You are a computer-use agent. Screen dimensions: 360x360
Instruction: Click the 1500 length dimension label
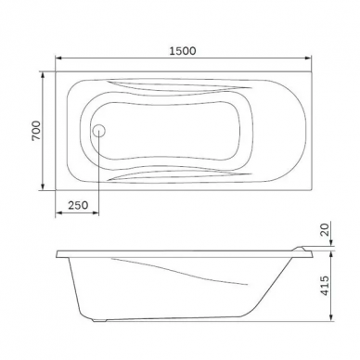tap(183, 51)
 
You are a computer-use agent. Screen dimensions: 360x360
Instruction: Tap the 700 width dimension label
tap(36, 131)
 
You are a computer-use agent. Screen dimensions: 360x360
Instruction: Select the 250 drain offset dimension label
tap(78, 205)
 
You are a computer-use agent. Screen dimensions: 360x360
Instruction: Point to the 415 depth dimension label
tap(325, 285)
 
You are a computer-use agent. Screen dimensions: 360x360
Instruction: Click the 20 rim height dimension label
tap(325, 229)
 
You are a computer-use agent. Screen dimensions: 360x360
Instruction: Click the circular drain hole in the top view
tap(99, 131)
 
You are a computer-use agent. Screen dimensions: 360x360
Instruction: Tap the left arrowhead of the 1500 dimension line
tap(58, 58)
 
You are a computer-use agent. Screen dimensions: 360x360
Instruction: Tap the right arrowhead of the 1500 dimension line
tap(307, 58)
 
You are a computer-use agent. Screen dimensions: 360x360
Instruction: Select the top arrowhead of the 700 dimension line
tap(43, 74)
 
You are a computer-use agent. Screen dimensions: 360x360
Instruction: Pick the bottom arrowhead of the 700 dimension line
tap(43, 186)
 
